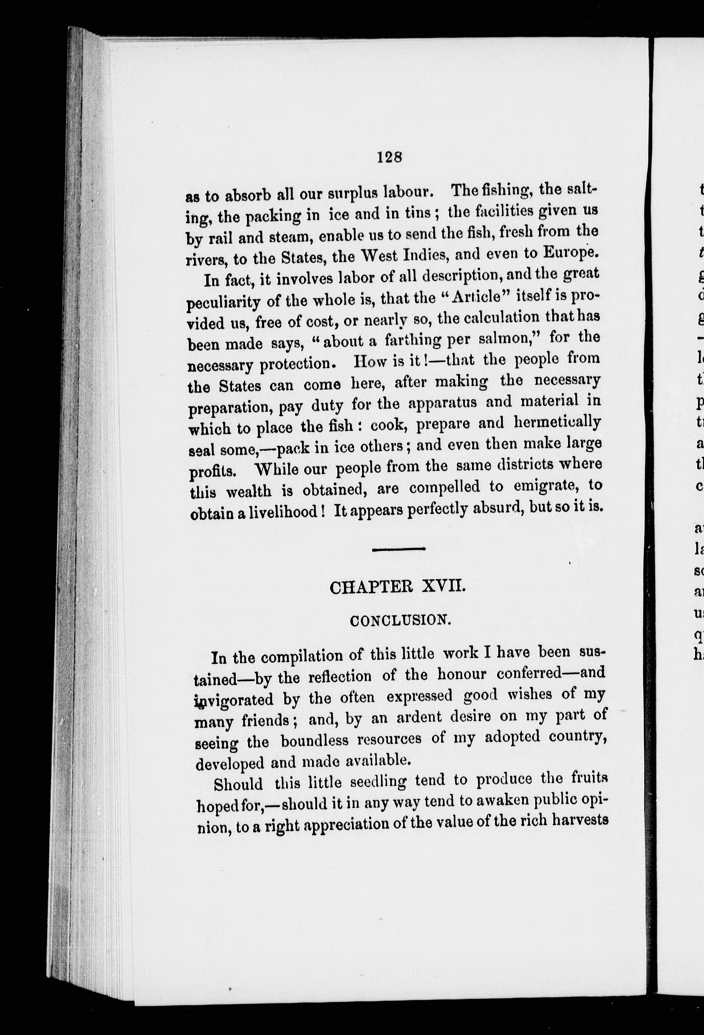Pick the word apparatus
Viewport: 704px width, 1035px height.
[x=443, y=402]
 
